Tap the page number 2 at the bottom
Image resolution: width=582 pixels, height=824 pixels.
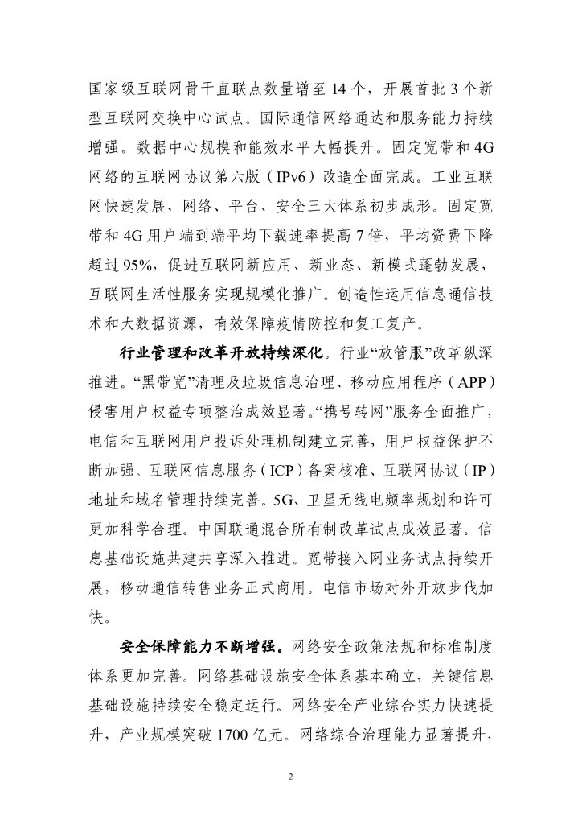point(291,777)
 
